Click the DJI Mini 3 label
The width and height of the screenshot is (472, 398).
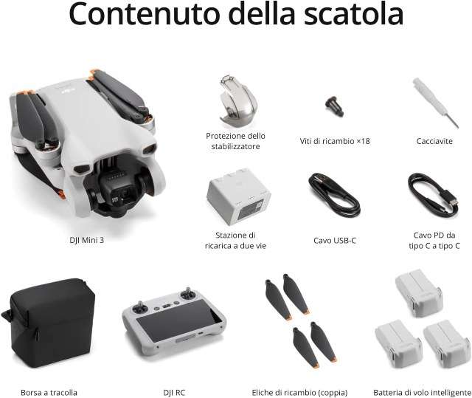click(x=87, y=240)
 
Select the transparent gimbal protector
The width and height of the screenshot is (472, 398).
click(x=237, y=102)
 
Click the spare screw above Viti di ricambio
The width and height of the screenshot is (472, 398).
click(x=334, y=106)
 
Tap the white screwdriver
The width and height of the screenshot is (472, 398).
click(x=436, y=103)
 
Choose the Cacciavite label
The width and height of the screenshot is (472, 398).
click(x=434, y=141)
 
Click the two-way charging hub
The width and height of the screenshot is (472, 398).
click(x=238, y=196)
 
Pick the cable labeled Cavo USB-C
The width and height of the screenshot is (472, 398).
click(x=334, y=194)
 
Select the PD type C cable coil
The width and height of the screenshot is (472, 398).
click(x=434, y=194)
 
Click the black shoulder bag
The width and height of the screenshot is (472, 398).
click(x=49, y=323)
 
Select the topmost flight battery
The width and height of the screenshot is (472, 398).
click(x=419, y=292)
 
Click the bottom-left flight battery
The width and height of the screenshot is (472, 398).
click(x=398, y=343)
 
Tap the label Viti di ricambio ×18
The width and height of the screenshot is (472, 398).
click(x=335, y=141)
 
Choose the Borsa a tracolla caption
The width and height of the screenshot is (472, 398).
click(x=49, y=393)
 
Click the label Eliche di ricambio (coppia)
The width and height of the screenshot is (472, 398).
click(x=299, y=393)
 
